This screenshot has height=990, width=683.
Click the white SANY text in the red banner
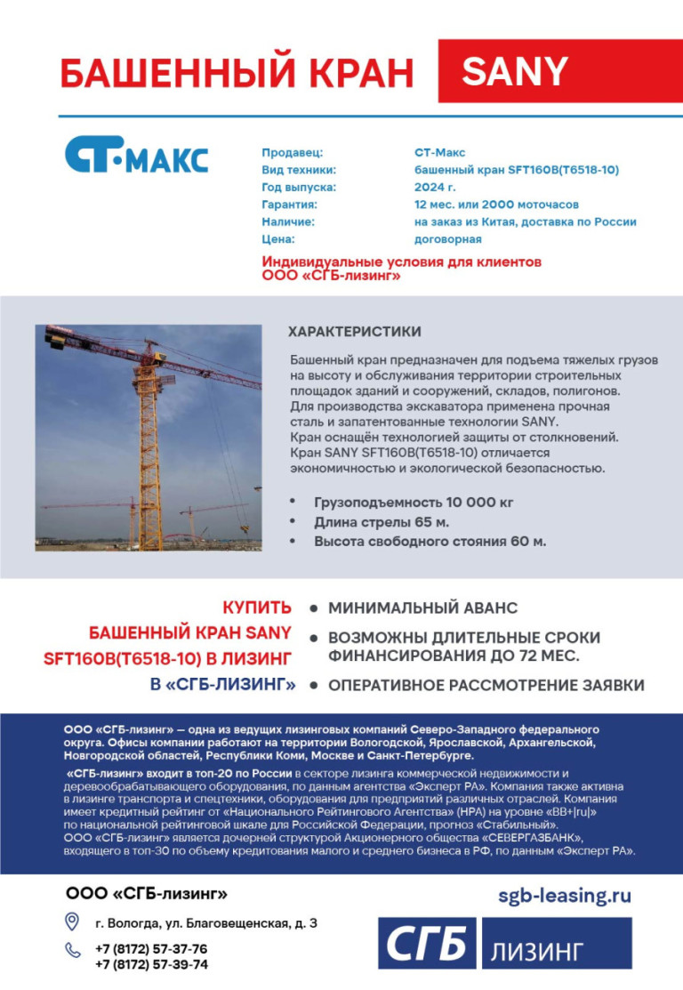515,71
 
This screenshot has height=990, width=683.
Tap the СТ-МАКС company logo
136,155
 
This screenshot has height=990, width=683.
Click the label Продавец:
292,153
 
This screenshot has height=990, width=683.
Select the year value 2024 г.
435,188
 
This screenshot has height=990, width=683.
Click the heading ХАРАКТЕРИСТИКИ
354,332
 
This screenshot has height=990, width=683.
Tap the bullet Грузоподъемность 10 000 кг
414,503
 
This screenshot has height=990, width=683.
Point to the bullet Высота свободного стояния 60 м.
430,541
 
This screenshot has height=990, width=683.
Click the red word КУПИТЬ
257,608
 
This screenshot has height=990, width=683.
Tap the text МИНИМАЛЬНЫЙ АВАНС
422,608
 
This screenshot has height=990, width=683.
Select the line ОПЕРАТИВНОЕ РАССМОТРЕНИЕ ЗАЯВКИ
486,685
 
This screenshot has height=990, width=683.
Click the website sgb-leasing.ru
564,895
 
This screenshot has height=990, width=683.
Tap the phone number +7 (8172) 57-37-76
151,948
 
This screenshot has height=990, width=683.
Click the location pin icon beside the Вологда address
73,922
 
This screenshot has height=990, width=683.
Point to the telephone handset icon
73,950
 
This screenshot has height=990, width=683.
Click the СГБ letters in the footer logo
427,944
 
